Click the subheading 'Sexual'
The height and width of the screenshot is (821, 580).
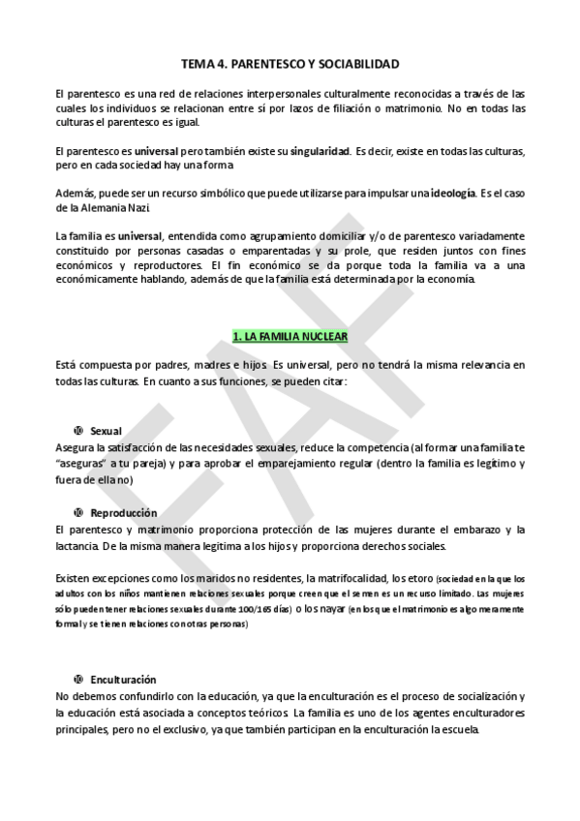click(x=106, y=430)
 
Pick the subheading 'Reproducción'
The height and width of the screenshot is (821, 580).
click(x=123, y=512)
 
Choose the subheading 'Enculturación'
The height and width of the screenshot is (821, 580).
click(x=123, y=680)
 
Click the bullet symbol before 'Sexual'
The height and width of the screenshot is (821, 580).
click(x=76, y=430)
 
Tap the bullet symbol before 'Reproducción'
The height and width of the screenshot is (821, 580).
click(x=76, y=512)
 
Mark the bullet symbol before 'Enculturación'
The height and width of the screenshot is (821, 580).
click(x=76, y=680)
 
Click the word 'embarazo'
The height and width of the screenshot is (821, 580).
click(x=473, y=530)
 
